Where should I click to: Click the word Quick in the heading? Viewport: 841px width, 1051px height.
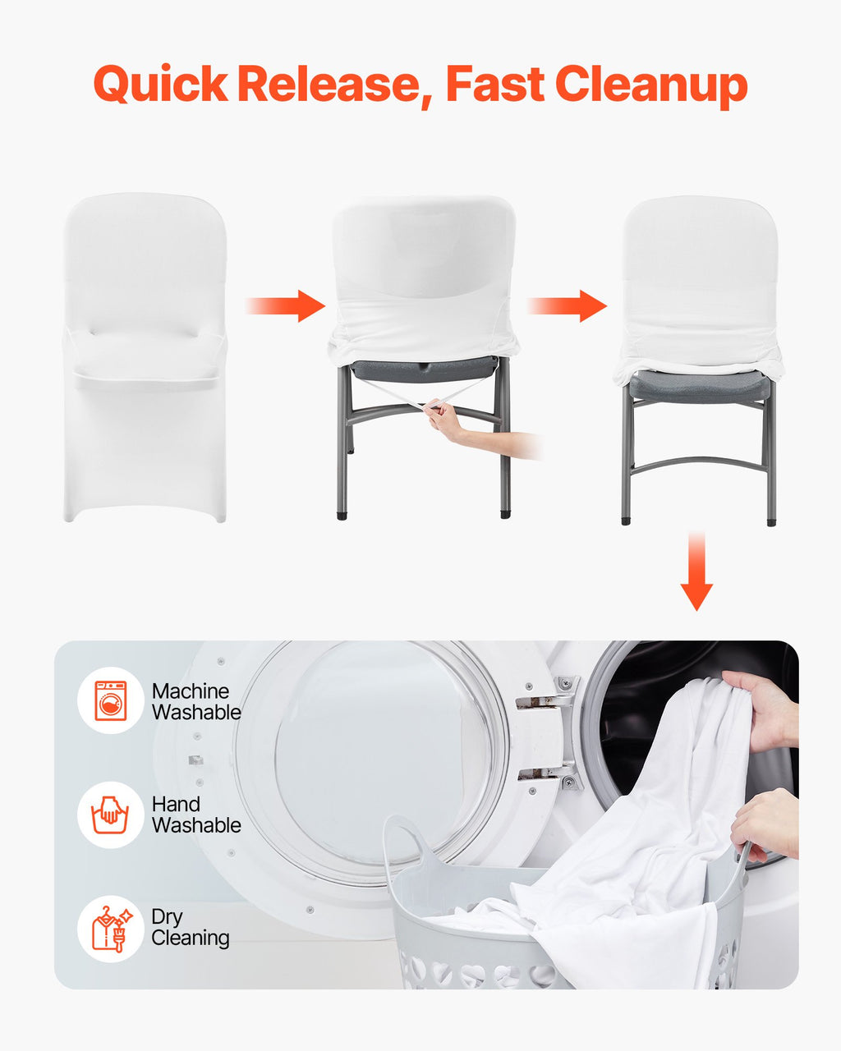click(160, 84)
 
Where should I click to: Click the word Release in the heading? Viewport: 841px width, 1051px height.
click(329, 83)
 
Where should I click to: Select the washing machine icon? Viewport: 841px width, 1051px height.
click(110, 700)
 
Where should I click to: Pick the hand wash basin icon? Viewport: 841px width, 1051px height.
click(110, 815)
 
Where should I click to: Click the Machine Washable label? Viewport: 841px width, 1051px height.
click(196, 702)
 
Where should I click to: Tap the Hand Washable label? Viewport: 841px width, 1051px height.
click(196, 815)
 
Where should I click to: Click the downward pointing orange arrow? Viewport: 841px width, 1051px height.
click(696, 571)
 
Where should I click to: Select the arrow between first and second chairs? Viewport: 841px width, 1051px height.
click(286, 305)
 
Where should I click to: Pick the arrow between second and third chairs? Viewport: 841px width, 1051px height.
click(568, 305)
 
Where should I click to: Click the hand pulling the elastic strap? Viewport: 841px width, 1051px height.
click(444, 416)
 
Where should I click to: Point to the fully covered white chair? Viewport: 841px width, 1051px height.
click(145, 357)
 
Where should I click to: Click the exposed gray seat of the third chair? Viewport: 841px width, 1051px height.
click(699, 386)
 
